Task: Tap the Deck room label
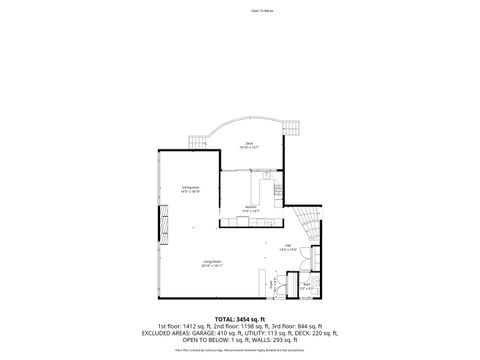coord(249,146)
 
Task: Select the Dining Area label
coord(191,189)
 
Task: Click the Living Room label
coord(211,265)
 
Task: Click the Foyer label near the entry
coord(273,285)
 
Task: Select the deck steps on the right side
coord(294,128)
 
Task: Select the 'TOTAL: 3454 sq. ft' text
coord(239,317)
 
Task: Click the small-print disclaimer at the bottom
coord(239,350)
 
